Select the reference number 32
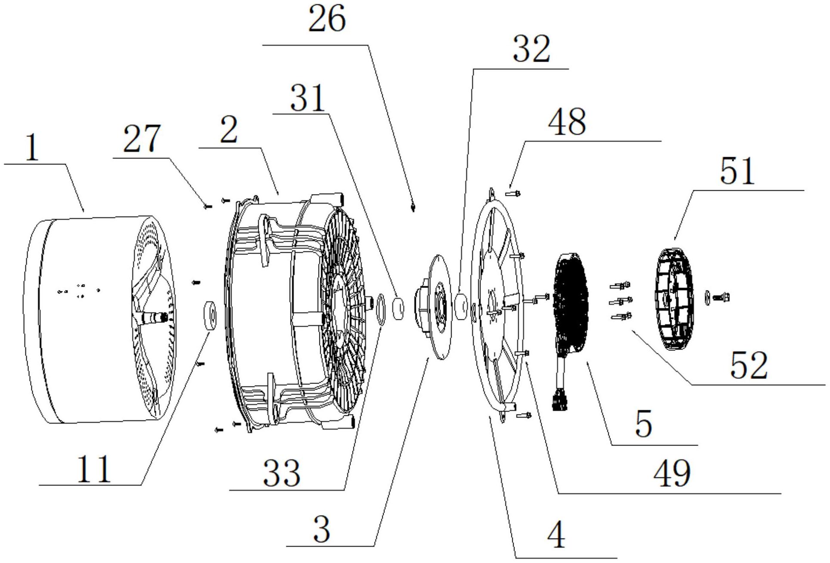coord(531,49)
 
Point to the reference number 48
coord(567,122)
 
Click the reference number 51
coord(737,171)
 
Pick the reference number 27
coord(142,139)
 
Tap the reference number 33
coord(282,473)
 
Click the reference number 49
coord(672,473)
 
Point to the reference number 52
coord(749,365)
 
